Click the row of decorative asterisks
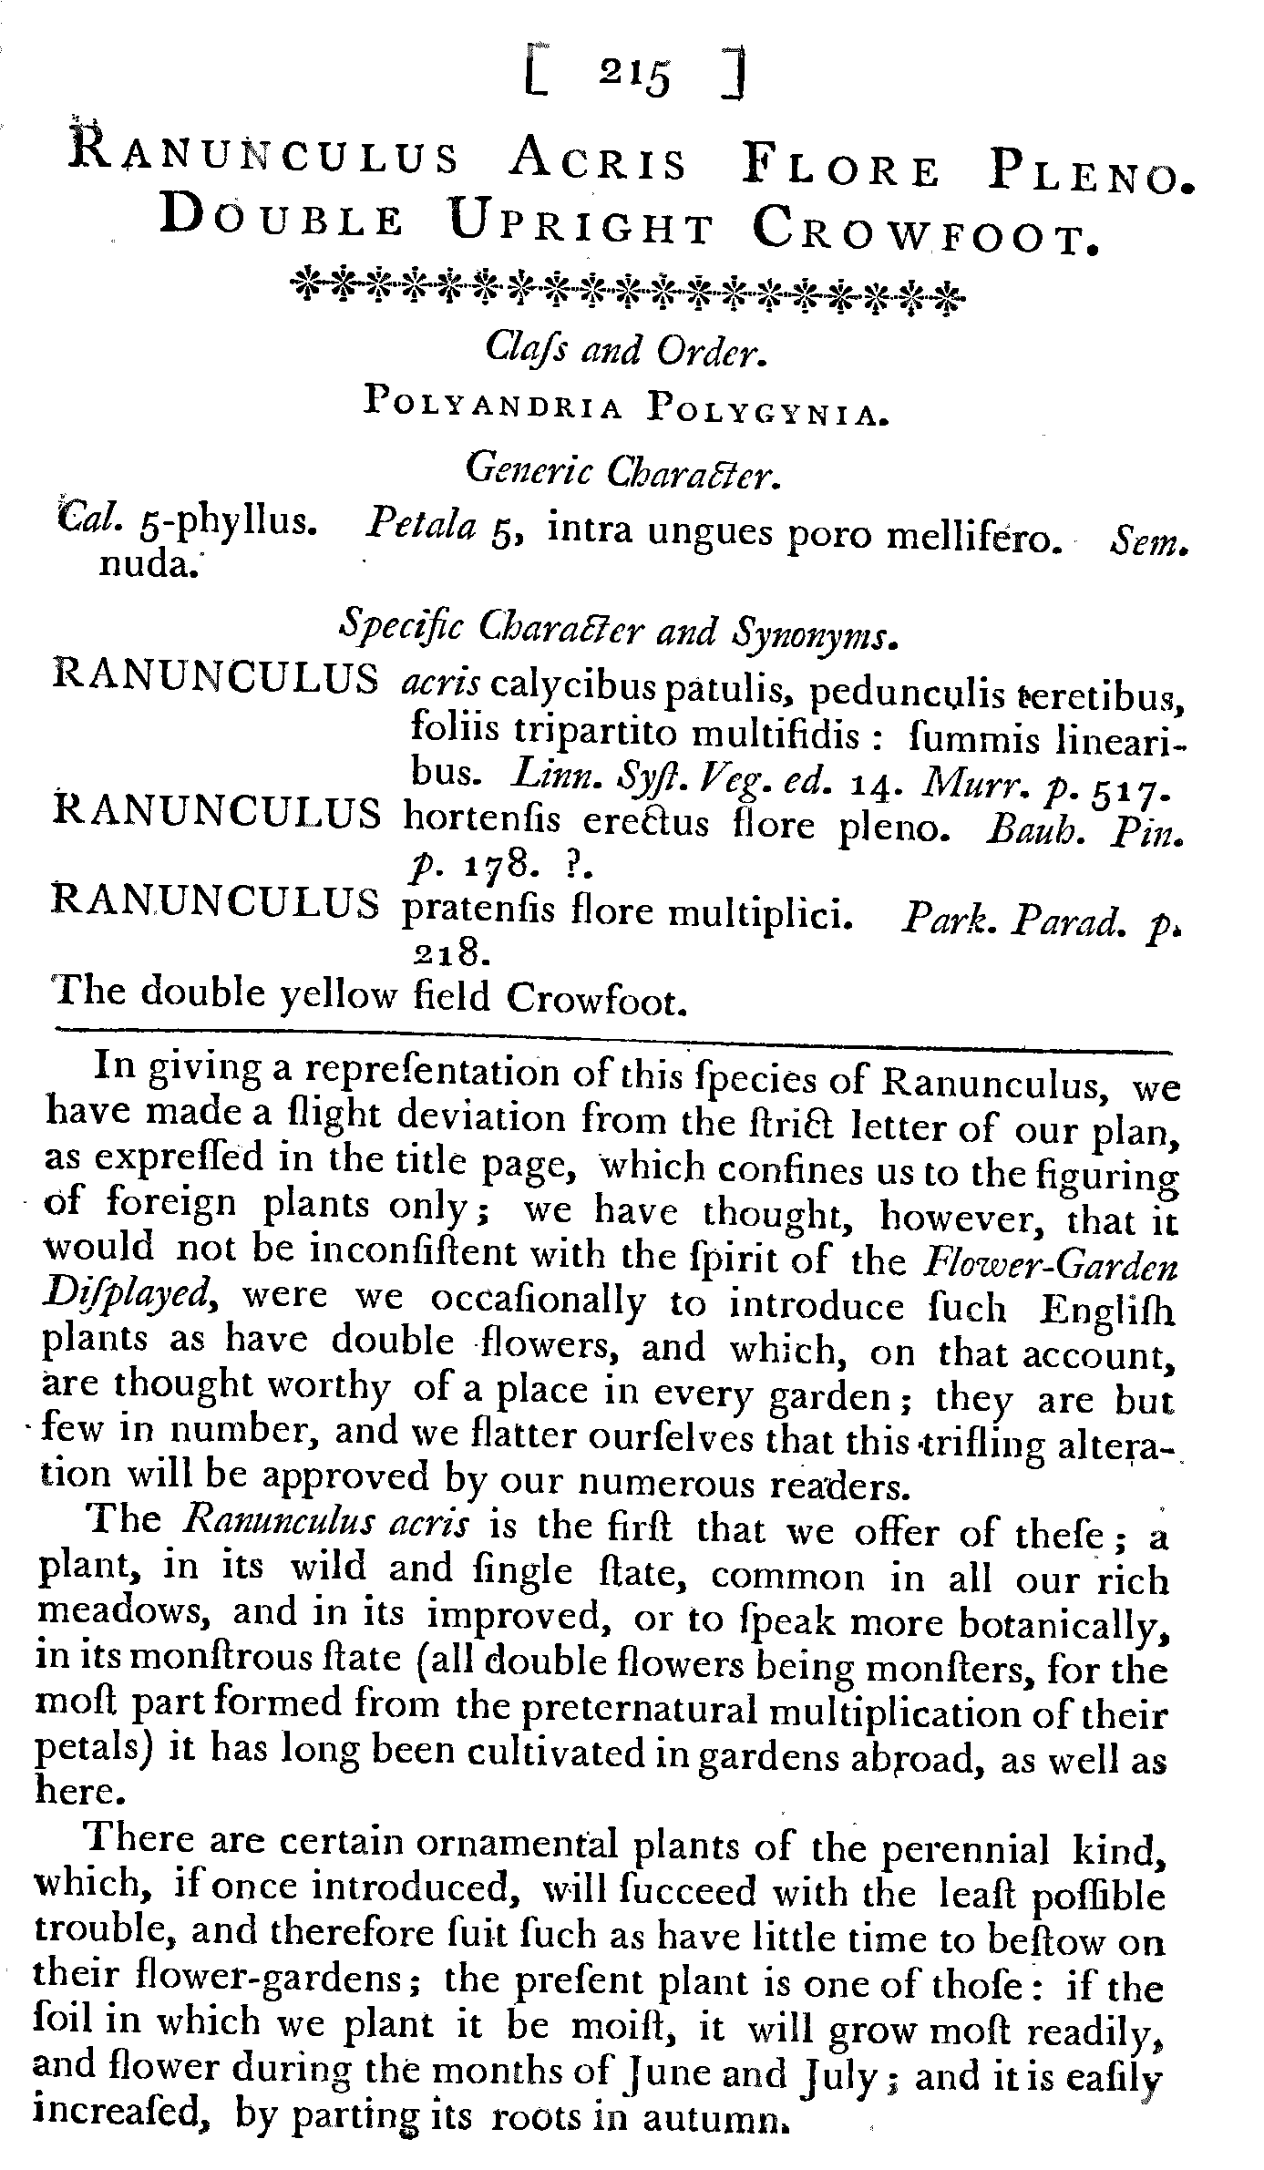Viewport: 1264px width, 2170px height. (624, 291)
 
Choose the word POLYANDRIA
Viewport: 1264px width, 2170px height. (493, 402)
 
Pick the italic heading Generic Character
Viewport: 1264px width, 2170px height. (623, 470)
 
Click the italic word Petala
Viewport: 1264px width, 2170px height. (420, 527)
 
